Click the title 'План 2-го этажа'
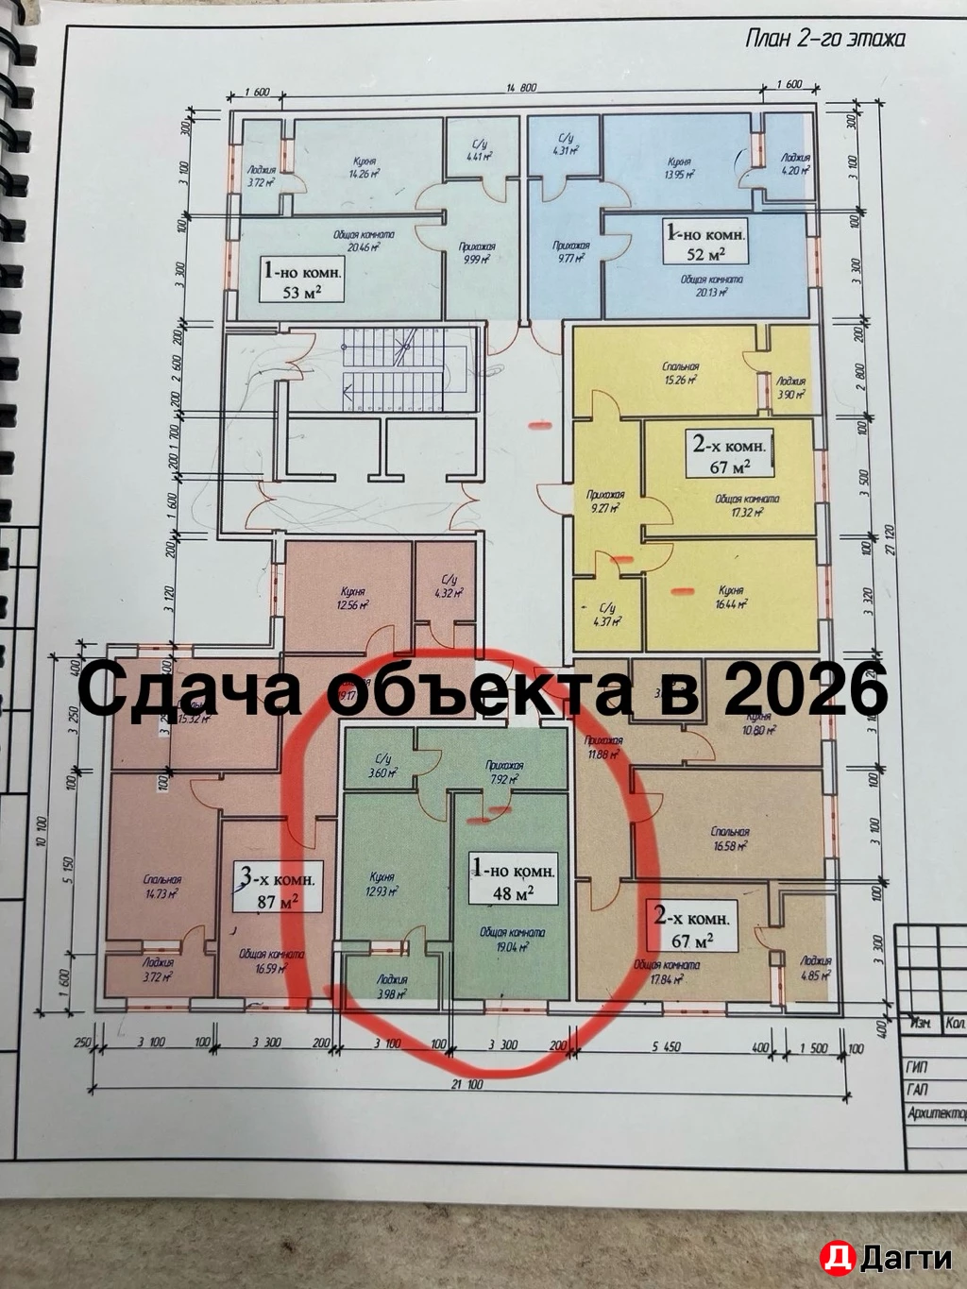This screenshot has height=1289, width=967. coord(824,39)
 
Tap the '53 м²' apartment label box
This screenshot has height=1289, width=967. coord(304,281)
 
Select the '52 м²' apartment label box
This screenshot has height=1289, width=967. coord(706,241)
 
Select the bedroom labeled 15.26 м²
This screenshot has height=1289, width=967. coord(678,373)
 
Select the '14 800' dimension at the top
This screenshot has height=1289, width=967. coord(520,88)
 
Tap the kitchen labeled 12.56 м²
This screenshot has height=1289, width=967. coord(349,599)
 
